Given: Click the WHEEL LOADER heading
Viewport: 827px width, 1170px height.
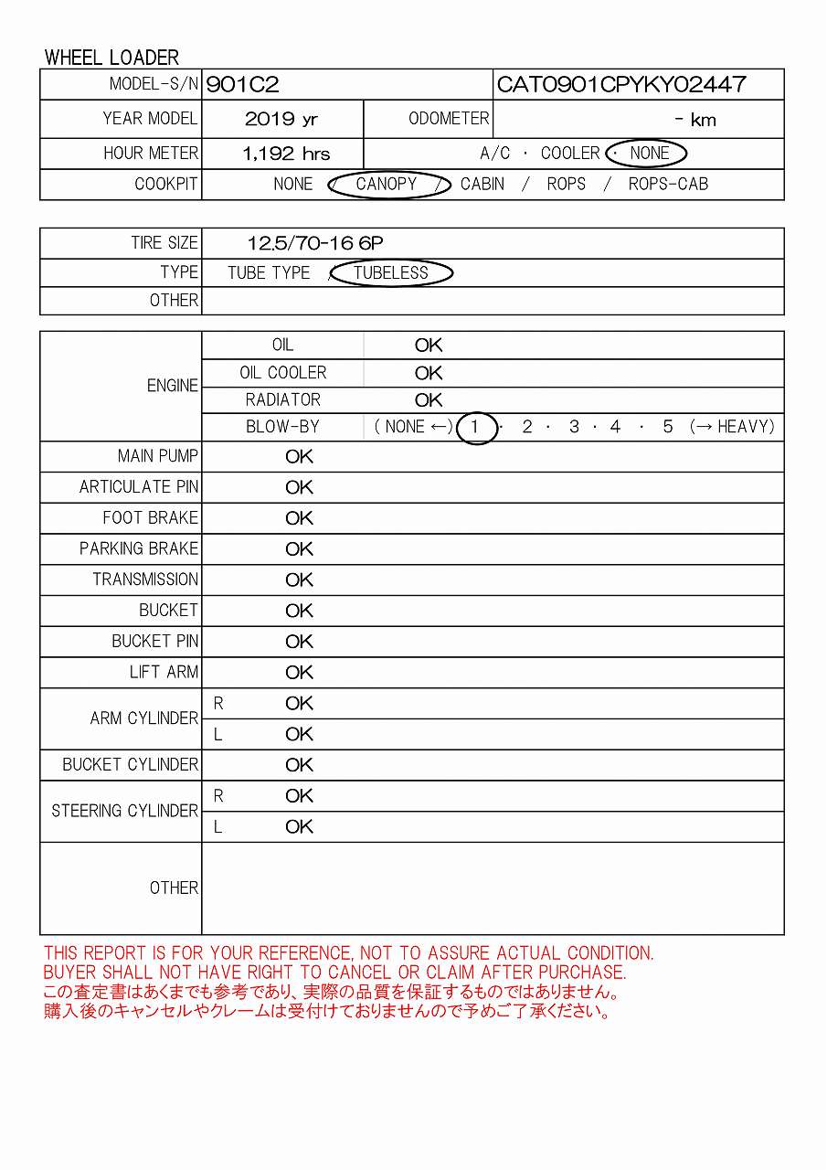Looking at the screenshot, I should tap(111, 58).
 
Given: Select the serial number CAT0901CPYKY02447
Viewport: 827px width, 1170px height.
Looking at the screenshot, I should tap(621, 85).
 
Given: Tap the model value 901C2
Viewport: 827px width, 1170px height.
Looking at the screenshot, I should tap(243, 85).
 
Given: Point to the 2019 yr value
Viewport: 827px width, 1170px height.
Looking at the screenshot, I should tap(281, 120).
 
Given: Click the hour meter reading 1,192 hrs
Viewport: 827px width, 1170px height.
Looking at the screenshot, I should tap(286, 154).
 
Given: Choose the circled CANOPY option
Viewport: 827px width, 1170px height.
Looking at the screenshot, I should tap(387, 184).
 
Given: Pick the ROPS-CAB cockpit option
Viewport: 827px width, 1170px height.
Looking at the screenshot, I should tap(668, 184).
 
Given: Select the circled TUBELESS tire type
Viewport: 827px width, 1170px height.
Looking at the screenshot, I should tap(391, 272).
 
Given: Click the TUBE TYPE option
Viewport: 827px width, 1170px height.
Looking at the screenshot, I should tap(269, 272).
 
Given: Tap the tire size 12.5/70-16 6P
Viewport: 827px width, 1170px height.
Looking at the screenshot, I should tap(315, 243).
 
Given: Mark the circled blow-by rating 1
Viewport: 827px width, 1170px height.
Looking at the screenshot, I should tap(474, 427).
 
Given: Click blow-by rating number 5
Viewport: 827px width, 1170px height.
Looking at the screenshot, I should tap(668, 427).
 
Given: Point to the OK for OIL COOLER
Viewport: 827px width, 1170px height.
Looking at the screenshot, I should tap(428, 373).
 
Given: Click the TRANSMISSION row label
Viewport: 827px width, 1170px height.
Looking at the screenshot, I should tap(145, 580).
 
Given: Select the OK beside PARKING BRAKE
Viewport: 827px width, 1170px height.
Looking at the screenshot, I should tap(299, 548).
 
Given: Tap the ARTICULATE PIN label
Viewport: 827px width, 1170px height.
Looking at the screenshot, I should tap(138, 487).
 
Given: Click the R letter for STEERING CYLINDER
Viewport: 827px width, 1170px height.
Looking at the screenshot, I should tap(218, 796).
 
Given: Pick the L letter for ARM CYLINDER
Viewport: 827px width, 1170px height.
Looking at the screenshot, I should tap(218, 734).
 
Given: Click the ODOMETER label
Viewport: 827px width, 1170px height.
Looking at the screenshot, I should tap(449, 119).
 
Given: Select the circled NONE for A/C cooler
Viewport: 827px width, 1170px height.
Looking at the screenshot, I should tap(650, 154).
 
